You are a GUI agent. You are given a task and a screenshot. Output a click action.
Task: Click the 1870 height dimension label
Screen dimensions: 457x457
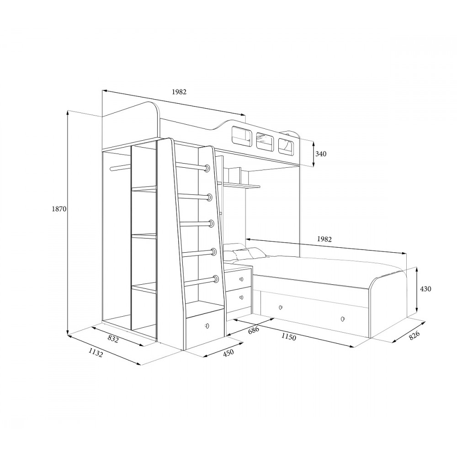click(x=59, y=209)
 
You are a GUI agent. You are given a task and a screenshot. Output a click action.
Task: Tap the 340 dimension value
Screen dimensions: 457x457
click(x=321, y=154)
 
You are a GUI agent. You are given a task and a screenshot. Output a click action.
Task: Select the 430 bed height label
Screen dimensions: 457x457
click(x=425, y=289)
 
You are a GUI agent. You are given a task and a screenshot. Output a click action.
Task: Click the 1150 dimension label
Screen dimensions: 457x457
click(x=288, y=337)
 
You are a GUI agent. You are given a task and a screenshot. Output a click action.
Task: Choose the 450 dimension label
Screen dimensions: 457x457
click(x=228, y=353)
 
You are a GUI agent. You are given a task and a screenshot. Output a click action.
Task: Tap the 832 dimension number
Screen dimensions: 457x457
click(x=113, y=338)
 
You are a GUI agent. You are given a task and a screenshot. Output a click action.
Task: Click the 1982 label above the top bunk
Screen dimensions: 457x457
click(x=179, y=92)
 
